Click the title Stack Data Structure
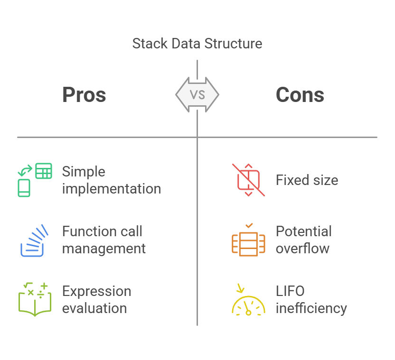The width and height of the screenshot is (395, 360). pos(197,44)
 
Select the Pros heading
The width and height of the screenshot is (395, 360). pos(84,95)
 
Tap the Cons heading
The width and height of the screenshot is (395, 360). pos(300,95)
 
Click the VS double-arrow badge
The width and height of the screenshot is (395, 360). pos(197,95)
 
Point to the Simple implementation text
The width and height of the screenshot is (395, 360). pos(112,180)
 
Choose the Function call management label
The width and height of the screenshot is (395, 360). pos(104,240)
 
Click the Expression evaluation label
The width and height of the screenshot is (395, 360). pos(97,300)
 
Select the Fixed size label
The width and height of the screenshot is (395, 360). pos(307,180)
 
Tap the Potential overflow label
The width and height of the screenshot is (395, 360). pos(304,240)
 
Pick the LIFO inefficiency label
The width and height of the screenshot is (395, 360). pos(311,300)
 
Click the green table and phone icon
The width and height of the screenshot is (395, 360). pos(35,180)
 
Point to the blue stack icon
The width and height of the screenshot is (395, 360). pos(34,240)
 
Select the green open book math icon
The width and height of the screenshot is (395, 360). pos(35,299)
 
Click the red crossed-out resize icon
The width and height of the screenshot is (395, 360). pos(248,180)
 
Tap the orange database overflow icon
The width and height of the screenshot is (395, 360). pos(248,240)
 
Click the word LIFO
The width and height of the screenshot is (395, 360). pos(290,291)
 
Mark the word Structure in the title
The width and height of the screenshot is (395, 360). pos(233,44)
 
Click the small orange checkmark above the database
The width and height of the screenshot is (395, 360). pos(249,226)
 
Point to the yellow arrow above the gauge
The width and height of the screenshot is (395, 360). pos(240,288)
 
